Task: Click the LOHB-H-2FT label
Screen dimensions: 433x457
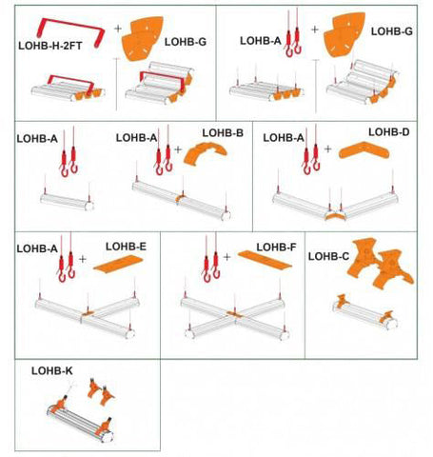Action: click(x=50, y=46)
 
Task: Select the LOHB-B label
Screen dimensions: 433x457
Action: click(x=223, y=132)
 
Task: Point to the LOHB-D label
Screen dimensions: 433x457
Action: click(x=389, y=131)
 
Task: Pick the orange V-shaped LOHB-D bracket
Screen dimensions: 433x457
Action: click(x=364, y=150)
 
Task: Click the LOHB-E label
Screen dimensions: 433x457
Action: click(x=126, y=247)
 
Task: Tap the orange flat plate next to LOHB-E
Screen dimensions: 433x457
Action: click(x=118, y=264)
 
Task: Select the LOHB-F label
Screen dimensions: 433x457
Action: click(x=276, y=247)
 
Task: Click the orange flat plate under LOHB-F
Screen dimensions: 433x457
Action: click(x=265, y=259)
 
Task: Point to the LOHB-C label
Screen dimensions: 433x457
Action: click(x=328, y=256)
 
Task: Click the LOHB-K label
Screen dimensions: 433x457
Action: click(x=52, y=370)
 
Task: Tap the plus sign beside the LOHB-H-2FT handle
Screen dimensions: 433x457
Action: click(x=118, y=29)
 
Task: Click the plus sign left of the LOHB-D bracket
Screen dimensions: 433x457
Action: click(x=328, y=149)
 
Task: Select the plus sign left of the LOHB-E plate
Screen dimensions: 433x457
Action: click(x=83, y=259)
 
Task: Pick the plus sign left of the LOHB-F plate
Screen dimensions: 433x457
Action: click(x=226, y=257)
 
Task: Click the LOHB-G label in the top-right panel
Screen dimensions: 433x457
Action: click(x=392, y=31)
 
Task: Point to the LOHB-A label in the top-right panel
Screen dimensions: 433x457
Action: click(x=261, y=41)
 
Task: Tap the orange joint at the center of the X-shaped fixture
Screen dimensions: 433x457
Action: click(x=234, y=314)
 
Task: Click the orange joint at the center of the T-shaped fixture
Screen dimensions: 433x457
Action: click(x=88, y=313)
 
